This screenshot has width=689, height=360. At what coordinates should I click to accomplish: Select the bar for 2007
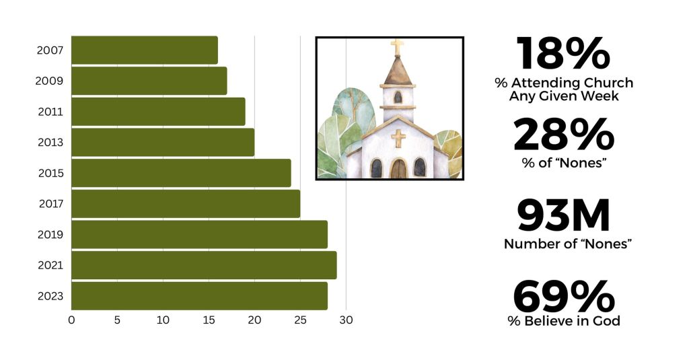(x=144, y=50)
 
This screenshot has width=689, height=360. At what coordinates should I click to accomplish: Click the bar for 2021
(x=204, y=265)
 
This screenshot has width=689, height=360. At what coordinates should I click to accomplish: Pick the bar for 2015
(x=181, y=173)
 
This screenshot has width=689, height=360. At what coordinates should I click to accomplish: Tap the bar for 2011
(x=158, y=112)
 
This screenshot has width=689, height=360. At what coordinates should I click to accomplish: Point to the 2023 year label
(x=51, y=296)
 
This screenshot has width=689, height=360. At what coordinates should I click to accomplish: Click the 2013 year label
(x=51, y=143)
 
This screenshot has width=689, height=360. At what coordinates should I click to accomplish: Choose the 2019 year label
(x=51, y=235)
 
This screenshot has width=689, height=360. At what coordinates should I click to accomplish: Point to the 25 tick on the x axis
(x=300, y=320)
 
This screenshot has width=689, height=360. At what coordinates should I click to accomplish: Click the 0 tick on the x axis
(x=71, y=320)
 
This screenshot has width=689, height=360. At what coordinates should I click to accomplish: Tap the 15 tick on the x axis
(x=209, y=320)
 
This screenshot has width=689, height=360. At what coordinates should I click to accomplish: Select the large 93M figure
(x=564, y=216)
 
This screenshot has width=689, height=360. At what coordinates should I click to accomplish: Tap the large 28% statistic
(x=564, y=135)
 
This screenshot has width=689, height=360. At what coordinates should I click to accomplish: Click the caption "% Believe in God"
(x=564, y=321)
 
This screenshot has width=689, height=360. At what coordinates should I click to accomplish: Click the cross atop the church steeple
(x=397, y=47)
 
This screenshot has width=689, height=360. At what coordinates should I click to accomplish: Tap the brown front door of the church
(x=398, y=168)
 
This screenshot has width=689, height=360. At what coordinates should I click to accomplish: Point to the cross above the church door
(x=398, y=138)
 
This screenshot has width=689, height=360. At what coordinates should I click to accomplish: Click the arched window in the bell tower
(x=398, y=97)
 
